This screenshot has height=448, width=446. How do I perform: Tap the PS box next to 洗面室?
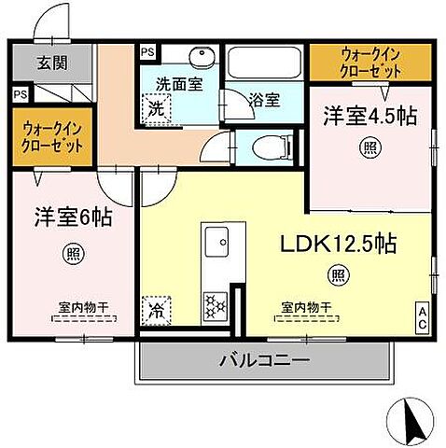(146, 53)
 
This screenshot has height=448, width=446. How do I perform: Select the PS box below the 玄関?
(19, 93)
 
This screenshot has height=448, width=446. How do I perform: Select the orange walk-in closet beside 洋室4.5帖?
(370, 63)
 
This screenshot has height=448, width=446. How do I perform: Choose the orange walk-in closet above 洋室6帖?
(50, 138)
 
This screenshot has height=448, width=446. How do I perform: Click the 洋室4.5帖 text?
(369, 116)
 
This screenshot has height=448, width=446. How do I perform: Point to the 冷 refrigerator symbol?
(153, 309)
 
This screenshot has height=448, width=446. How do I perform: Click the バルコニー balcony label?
(264, 359)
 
